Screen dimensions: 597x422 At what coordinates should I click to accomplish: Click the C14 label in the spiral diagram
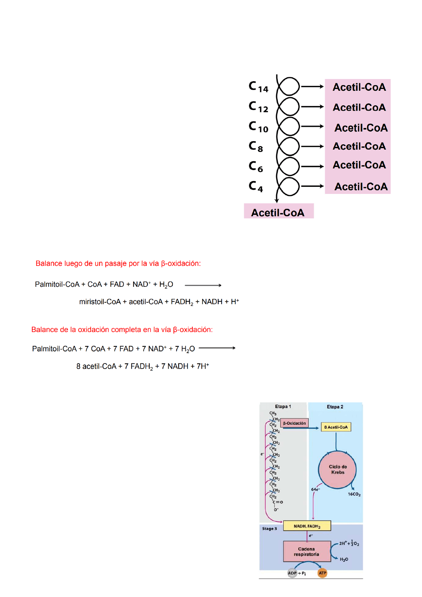click(x=258, y=87)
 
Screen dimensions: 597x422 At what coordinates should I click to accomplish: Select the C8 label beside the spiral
click(x=256, y=146)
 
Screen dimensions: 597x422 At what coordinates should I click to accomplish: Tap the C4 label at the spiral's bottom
click(x=256, y=186)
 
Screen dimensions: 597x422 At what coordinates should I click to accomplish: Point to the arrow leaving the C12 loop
click(x=312, y=106)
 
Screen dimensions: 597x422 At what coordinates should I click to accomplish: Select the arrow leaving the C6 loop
click(x=312, y=166)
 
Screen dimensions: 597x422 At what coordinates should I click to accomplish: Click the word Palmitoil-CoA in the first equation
click(x=57, y=284)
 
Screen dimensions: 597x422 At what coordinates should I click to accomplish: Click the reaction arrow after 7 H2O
click(x=217, y=348)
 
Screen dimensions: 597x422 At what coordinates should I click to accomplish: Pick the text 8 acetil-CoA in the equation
click(x=96, y=366)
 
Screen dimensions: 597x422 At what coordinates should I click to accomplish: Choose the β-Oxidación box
click(x=294, y=423)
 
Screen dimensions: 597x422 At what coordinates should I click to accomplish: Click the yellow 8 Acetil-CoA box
click(x=336, y=427)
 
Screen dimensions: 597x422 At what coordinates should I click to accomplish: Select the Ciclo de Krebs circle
click(x=337, y=470)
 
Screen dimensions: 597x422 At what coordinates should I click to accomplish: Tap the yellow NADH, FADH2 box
click(x=307, y=526)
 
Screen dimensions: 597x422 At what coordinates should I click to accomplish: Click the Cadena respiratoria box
click(x=306, y=551)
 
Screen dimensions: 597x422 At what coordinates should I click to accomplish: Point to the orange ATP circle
click(x=322, y=573)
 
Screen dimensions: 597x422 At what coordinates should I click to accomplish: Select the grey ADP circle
click(x=292, y=573)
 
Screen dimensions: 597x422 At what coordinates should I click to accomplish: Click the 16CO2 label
click(x=354, y=494)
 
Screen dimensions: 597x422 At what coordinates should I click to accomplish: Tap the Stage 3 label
click(x=269, y=529)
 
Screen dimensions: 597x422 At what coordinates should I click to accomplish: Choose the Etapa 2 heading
click(x=335, y=407)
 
